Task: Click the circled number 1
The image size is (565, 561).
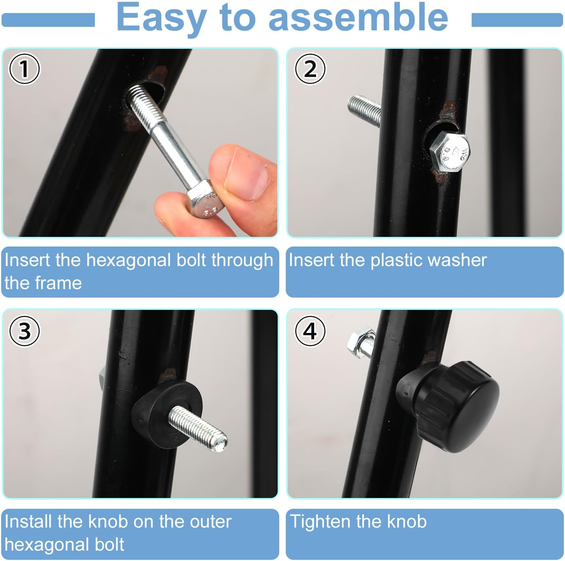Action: click(x=24, y=69)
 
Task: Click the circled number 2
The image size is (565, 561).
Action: click(x=310, y=69)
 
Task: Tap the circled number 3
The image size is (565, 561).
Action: click(x=24, y=331)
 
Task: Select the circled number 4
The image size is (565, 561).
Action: click(x=310, y=331)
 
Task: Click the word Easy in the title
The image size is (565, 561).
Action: click(x=161, y=18)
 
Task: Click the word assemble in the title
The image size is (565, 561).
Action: click(x=358, y=17)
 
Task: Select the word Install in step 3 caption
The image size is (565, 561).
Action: click(x=28, y=521)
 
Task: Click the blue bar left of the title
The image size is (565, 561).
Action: click(x=48, y=20)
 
